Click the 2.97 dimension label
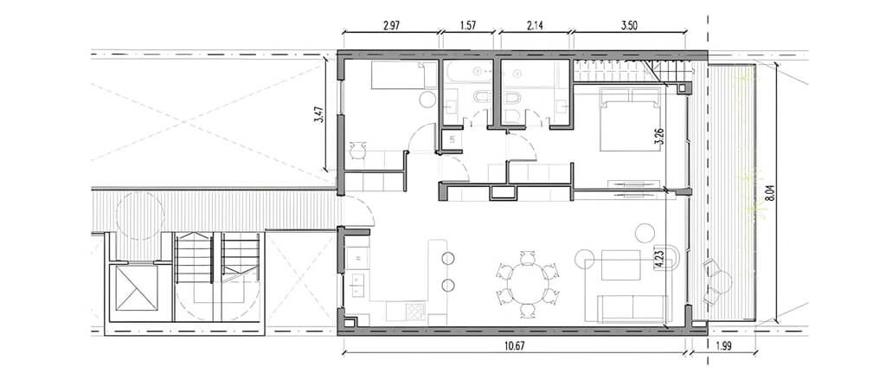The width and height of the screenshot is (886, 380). click(x=391, y=25)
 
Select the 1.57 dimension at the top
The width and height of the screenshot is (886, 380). click(x=468, y=25)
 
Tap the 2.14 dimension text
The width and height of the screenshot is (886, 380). click(x=535, y=25)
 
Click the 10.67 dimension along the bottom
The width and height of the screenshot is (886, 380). click(x=514, y=346)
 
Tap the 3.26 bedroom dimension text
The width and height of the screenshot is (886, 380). click(x=658, y=136)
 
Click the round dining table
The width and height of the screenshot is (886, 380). click(x=527, y=284)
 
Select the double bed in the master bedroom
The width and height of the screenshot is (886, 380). click(x=630, y=119)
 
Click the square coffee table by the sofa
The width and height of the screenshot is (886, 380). click(x=621, y=265)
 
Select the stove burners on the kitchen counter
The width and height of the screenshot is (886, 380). click(x=416, y=311)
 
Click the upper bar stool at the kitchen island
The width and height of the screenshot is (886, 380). click(x=448, y=259)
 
